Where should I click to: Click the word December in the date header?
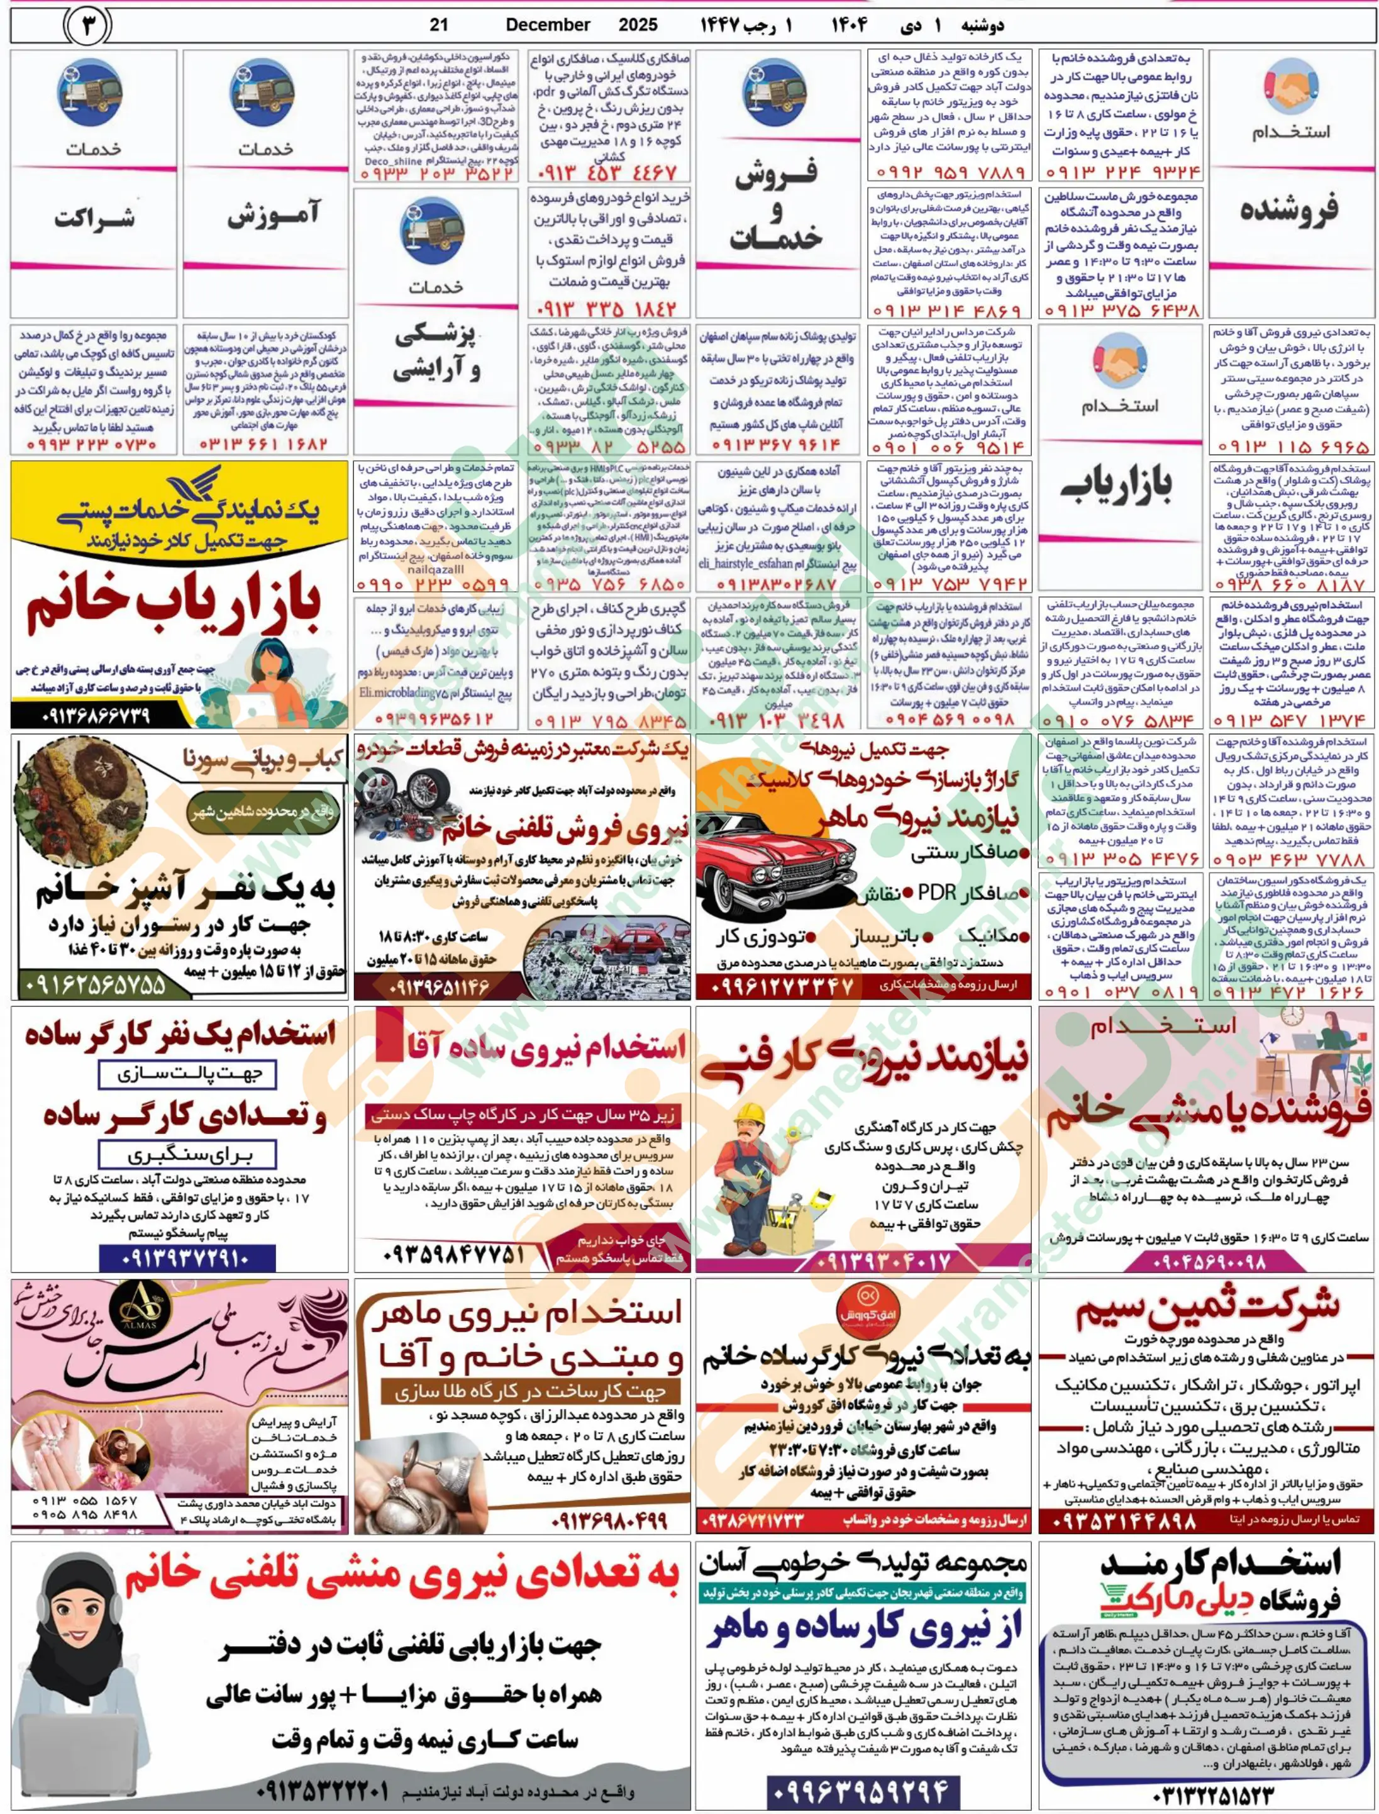pyautogui.click(x=548, y=25)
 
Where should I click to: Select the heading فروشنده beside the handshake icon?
pyautogui.click(x=1288, y=209)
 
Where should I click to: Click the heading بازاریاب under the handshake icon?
pyautogui.click(x=1120, y=490)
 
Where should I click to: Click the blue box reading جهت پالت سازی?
pyautogui.click(x=186, y=1074)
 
